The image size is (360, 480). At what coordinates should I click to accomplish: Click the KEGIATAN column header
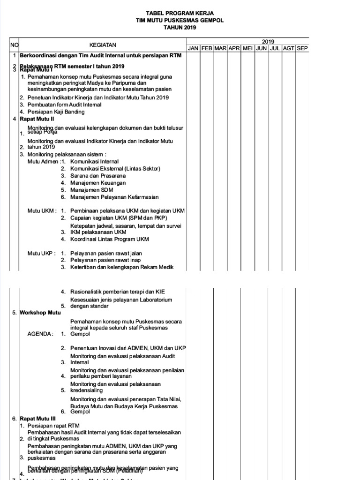(x=103, y=45)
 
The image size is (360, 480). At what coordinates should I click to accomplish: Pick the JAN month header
(x=193, y=49)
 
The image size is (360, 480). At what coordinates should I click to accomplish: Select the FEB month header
(x=207, y=49)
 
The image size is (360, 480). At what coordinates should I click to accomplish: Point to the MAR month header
(x=220, y=49)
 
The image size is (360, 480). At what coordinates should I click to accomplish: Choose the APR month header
(x=234, y=49)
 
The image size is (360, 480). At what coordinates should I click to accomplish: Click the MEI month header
(x=248, y=49)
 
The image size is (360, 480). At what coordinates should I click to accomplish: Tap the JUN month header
(x=262, y=49)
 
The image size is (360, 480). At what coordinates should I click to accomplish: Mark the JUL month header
(x=275, y=49)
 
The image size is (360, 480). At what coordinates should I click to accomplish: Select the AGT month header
(x=288, y=49)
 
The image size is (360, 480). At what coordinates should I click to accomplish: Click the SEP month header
(x=302, y=49)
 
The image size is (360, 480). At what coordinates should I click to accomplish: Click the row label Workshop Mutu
(x=40, y=313)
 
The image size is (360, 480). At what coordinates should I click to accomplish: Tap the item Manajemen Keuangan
(x=98, y=183)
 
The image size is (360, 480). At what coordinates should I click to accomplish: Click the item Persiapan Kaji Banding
(x=56, y=112)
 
